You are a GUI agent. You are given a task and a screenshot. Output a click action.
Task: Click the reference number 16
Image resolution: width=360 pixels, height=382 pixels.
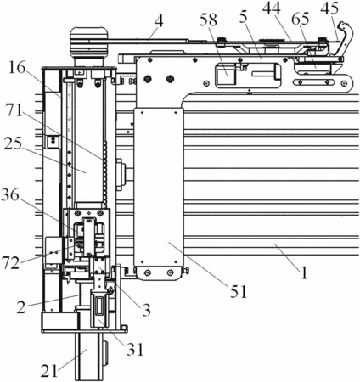coord(17,70)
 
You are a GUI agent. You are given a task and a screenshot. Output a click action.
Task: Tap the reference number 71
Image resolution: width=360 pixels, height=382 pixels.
coord(14,110)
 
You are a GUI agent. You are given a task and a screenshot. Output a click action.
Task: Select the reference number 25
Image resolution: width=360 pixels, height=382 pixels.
coord(13,143)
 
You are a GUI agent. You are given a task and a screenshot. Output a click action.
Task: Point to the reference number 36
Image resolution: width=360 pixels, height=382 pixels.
coord(10,196)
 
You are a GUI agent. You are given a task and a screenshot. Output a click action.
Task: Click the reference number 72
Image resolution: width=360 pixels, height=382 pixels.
coord(11,263)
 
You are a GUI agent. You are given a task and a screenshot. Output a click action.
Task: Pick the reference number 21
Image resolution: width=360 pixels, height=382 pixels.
coord(48,371)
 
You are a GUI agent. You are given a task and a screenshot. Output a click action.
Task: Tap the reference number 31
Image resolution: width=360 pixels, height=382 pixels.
coord(135,350)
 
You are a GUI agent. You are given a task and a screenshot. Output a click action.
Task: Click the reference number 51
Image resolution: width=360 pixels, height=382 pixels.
coord(239,291)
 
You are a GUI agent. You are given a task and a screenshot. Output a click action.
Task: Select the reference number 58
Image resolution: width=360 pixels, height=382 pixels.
coord(208,20)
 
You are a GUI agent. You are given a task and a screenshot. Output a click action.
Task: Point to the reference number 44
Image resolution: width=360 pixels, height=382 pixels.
coord(272,8)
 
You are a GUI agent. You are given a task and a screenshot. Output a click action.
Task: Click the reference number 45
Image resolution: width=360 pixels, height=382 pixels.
coord(329,8)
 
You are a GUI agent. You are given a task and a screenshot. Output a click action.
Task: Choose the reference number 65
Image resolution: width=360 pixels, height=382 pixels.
coord(301,19)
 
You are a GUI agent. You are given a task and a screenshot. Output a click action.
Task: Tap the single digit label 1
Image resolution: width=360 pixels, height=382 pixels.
coord(303,273)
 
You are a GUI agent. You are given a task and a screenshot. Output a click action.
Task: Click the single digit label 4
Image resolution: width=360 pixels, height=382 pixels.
coord(159,20)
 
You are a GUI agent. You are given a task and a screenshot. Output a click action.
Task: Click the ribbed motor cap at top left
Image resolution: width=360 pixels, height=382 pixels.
coord(88,41)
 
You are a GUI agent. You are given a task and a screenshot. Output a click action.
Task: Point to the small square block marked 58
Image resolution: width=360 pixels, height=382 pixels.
coord(226,74)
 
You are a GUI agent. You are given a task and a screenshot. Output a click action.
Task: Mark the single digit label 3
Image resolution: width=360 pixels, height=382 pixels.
coord(146,310)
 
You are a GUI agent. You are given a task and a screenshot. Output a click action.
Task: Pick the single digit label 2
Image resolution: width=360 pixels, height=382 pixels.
coord(20,307)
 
